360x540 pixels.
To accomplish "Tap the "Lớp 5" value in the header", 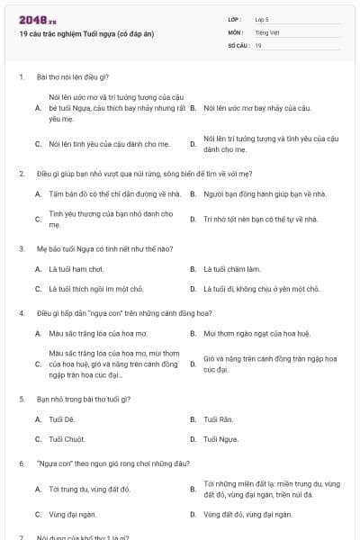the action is (261, 18).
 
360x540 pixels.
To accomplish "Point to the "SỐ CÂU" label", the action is (238, 45).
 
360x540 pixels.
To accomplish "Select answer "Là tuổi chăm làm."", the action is (232, 268).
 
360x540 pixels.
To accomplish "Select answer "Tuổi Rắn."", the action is (220, 419).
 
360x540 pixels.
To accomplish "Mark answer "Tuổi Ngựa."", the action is (221, 439).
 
